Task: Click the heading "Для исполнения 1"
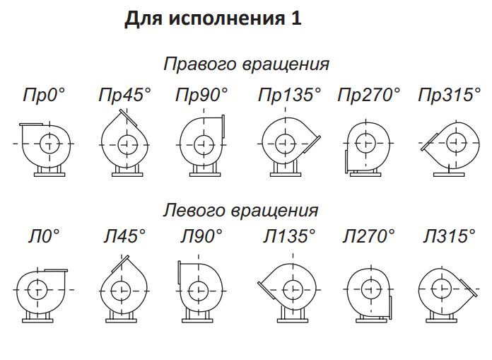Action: (x=213, y=19)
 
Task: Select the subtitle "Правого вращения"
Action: (x=247, y=64)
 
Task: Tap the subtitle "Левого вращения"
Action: (x=241, y=210)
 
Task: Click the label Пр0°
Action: (x=43, y=95)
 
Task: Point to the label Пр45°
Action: (x=124, y=95)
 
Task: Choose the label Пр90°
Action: (x=201, y=95)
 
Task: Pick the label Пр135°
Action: (x=289, y=95)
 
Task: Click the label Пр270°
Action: (x=368, y=95)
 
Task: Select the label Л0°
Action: (x=44, y=236)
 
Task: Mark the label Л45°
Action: (x=125, y=236)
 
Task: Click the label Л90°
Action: (x=201, y=236)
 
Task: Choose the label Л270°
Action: (x=368, y=236)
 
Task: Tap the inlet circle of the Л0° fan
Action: (x=37, y=289)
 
